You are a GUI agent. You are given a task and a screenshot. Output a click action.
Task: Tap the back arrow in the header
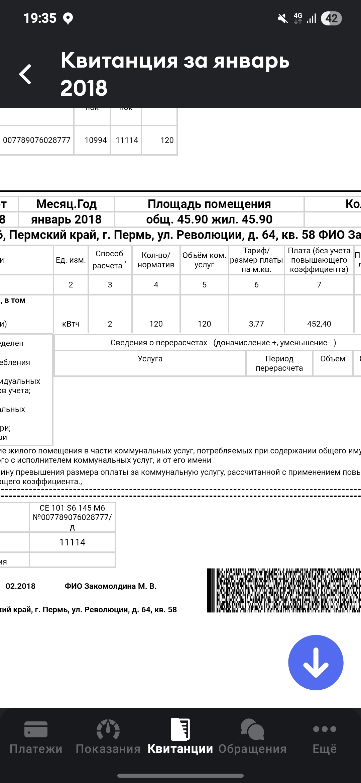(25, 74)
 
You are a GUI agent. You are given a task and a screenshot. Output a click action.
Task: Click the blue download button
(316, 662)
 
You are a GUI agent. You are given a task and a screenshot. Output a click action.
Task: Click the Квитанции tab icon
(180, 729)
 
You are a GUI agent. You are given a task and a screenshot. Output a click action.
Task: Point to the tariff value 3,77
(256, 324)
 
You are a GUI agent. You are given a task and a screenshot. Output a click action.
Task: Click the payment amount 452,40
(319, 324)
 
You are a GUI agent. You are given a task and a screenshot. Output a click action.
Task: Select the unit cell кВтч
(71, 324)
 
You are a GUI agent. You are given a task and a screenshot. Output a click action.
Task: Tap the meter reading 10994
(96, 140)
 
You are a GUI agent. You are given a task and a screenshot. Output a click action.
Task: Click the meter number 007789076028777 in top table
(37, 140)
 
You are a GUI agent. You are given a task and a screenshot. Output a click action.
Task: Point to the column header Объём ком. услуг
(204, 260)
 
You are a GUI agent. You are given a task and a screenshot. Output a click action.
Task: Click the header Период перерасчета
(279, 363)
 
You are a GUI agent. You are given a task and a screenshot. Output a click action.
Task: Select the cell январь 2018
(66, 220)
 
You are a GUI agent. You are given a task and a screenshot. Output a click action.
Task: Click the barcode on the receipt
(284, 590)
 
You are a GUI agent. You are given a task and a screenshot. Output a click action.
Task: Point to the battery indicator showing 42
(331, 18)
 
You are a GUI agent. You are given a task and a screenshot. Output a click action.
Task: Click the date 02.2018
(20, 586)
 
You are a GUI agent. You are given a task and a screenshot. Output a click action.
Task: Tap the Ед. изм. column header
(71, 260)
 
